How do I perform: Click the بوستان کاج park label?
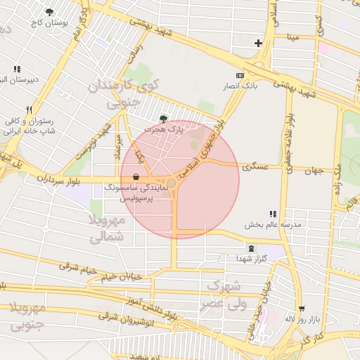point(47,23)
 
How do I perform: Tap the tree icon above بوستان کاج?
point(49,12)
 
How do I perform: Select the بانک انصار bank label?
point(240,86)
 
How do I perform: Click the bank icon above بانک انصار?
point(240,75)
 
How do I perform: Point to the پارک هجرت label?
point(163,130)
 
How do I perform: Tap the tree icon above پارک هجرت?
point(164,119)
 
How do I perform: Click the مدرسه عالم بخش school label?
point(273,225)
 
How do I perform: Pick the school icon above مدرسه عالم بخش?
point(273,214)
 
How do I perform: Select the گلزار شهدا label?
point(252,259)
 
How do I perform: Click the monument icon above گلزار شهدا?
point(252,248)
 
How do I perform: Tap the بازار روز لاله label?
point(302,319)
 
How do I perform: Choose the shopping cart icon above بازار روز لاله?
point(302,308)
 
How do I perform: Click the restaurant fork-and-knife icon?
point(29,110)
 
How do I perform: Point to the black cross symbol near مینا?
point(258,43)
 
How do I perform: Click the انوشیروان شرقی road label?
point(126,317)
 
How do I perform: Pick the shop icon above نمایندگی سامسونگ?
point(135,177)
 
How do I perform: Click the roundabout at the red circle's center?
point(172,183)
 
